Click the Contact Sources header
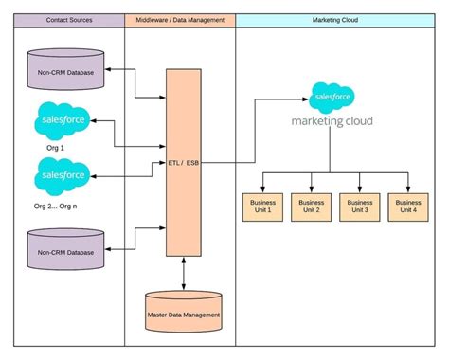(x=68, y=20)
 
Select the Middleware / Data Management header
(x=180, y=20)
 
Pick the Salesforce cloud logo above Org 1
(x=63, y=120)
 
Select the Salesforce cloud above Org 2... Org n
(x=63, y=175)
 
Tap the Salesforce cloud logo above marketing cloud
(x=332, y=97)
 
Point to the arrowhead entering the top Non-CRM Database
(x=109, y=70)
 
